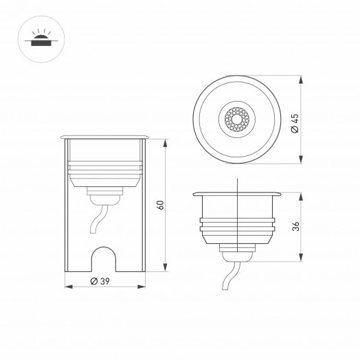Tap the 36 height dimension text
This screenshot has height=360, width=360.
tap(295, 226)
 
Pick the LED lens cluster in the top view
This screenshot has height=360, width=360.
tap(236, 120)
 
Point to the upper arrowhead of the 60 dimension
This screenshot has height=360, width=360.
tap(166, 142)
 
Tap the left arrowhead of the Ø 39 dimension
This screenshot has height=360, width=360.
tap(67, 286)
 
